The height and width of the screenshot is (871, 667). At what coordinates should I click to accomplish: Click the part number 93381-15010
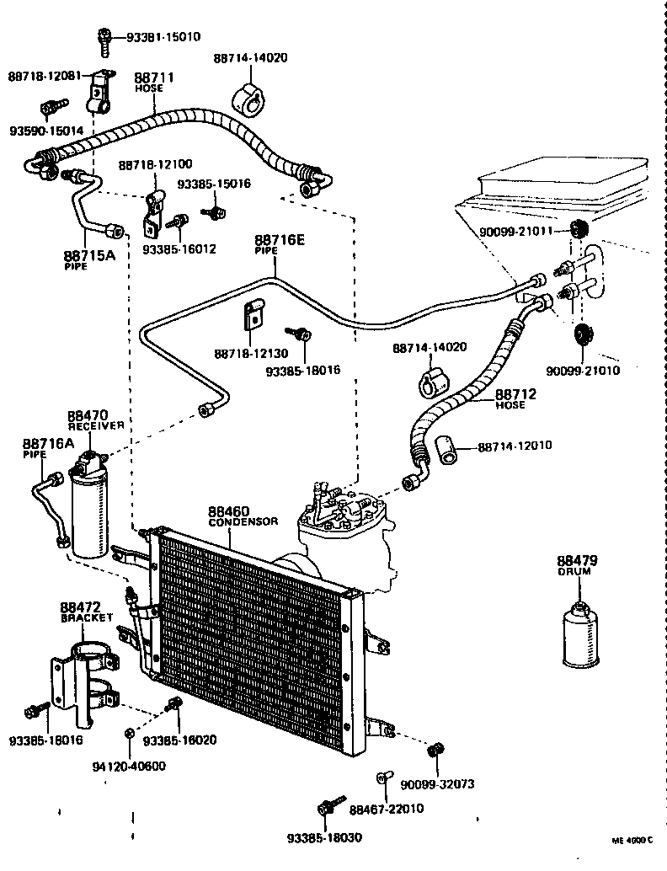pos(163,37)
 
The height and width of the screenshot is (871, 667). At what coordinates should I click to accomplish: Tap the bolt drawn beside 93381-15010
pos(103,38)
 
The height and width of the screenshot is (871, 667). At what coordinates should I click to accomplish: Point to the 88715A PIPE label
pos(88,259)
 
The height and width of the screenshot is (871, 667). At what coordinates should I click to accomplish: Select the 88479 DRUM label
pos(576,564)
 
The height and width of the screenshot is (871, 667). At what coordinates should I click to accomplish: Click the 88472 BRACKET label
pos(86,611)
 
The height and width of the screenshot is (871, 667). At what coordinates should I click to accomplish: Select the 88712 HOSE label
pos(515,398)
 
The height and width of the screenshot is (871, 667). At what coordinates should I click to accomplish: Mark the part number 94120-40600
pos(130,766)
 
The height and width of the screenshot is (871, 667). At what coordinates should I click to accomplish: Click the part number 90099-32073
pos(437,783)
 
